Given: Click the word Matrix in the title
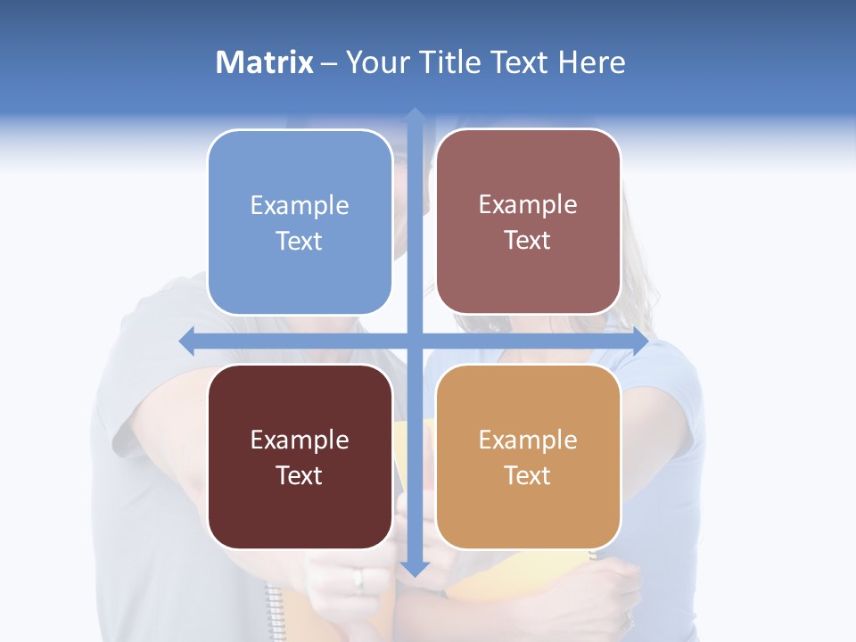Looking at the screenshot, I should [x=264, y=62].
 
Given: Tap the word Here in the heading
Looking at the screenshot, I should [x=592, y=62].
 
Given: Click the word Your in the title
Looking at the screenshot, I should [x=377, y=62].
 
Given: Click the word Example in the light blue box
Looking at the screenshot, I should [x=300, y=205].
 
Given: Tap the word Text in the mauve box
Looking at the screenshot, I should [x=528, y=241].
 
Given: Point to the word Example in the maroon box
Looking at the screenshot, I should [x=300, y=440].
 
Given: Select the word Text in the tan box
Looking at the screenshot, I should [x=528, y=475].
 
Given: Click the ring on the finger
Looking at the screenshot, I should [x=358, y=580].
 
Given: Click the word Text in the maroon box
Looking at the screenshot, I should [x=300, y=475].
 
